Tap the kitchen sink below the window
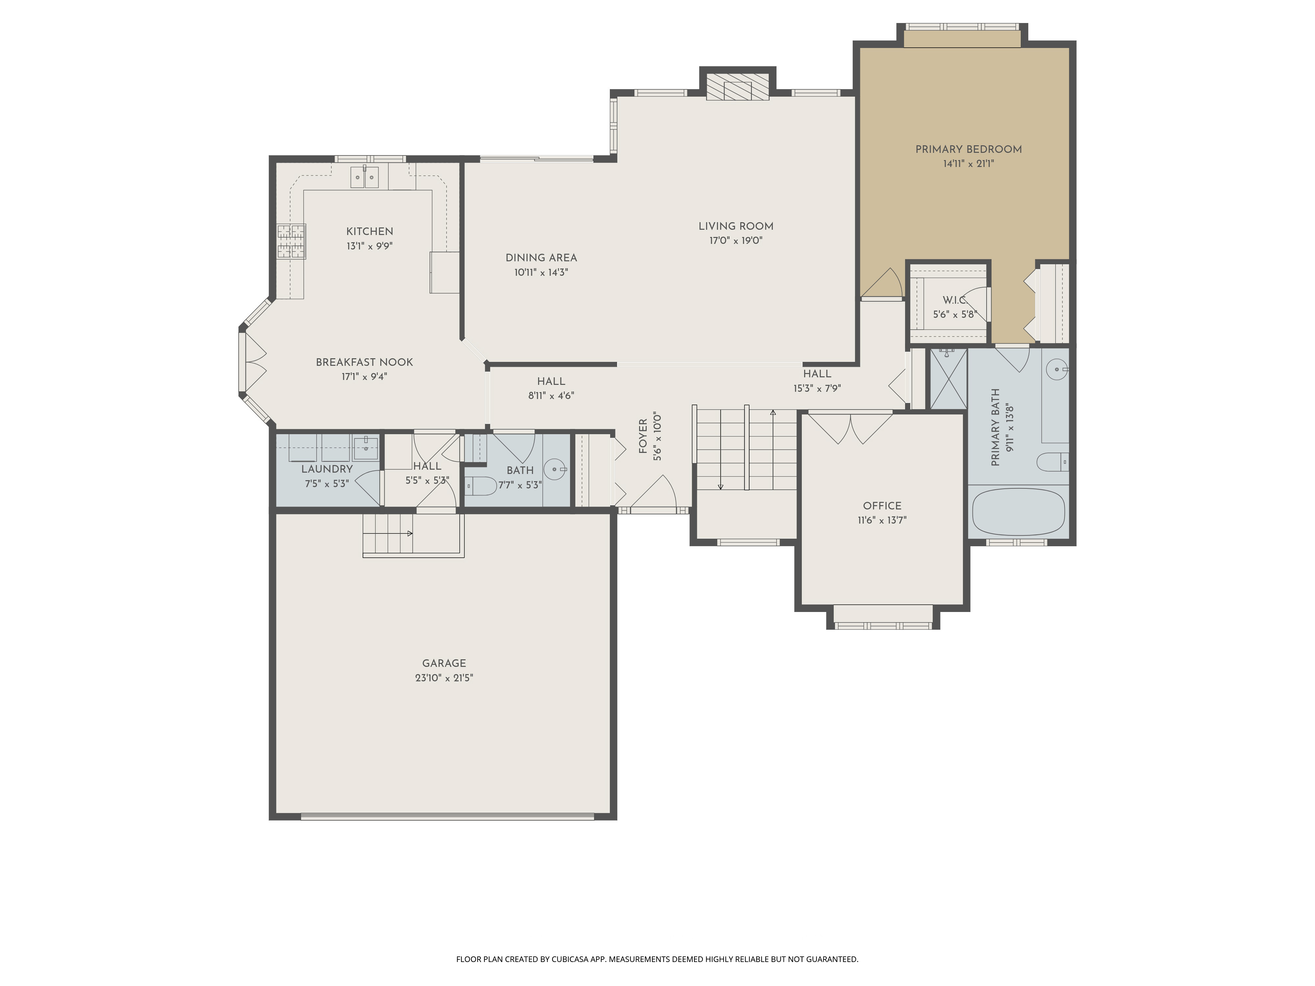tap(364, 177)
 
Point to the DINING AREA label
tap(541, 258)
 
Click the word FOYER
tap(643, 436)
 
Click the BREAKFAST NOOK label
tap(364, 362)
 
